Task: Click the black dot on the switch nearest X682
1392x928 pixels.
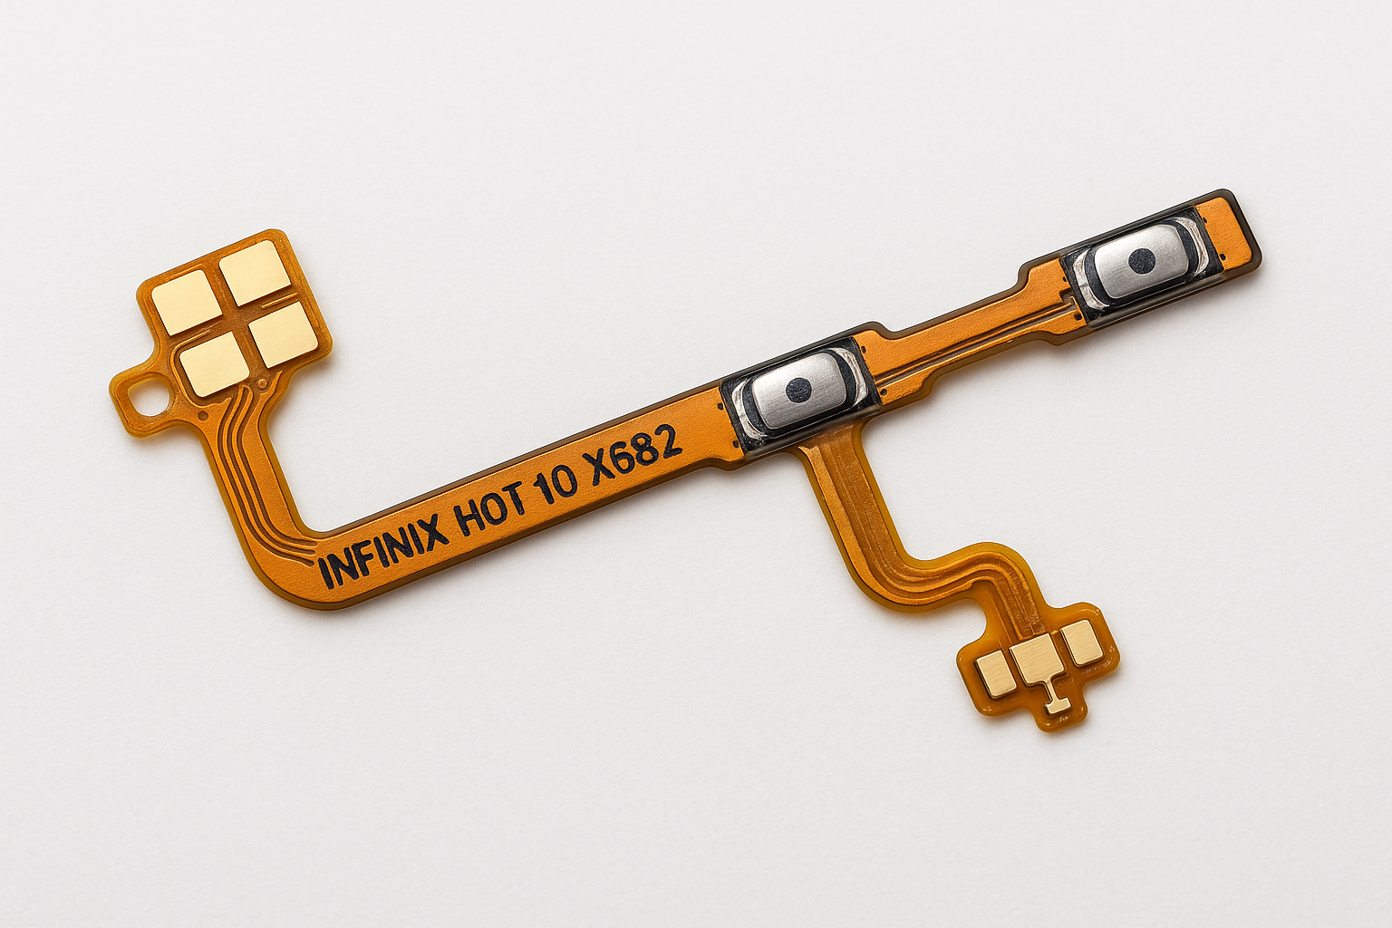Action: pos(798,390)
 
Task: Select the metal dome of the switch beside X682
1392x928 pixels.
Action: pos(799,391)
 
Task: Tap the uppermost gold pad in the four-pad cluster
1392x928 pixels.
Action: pos(256,272)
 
